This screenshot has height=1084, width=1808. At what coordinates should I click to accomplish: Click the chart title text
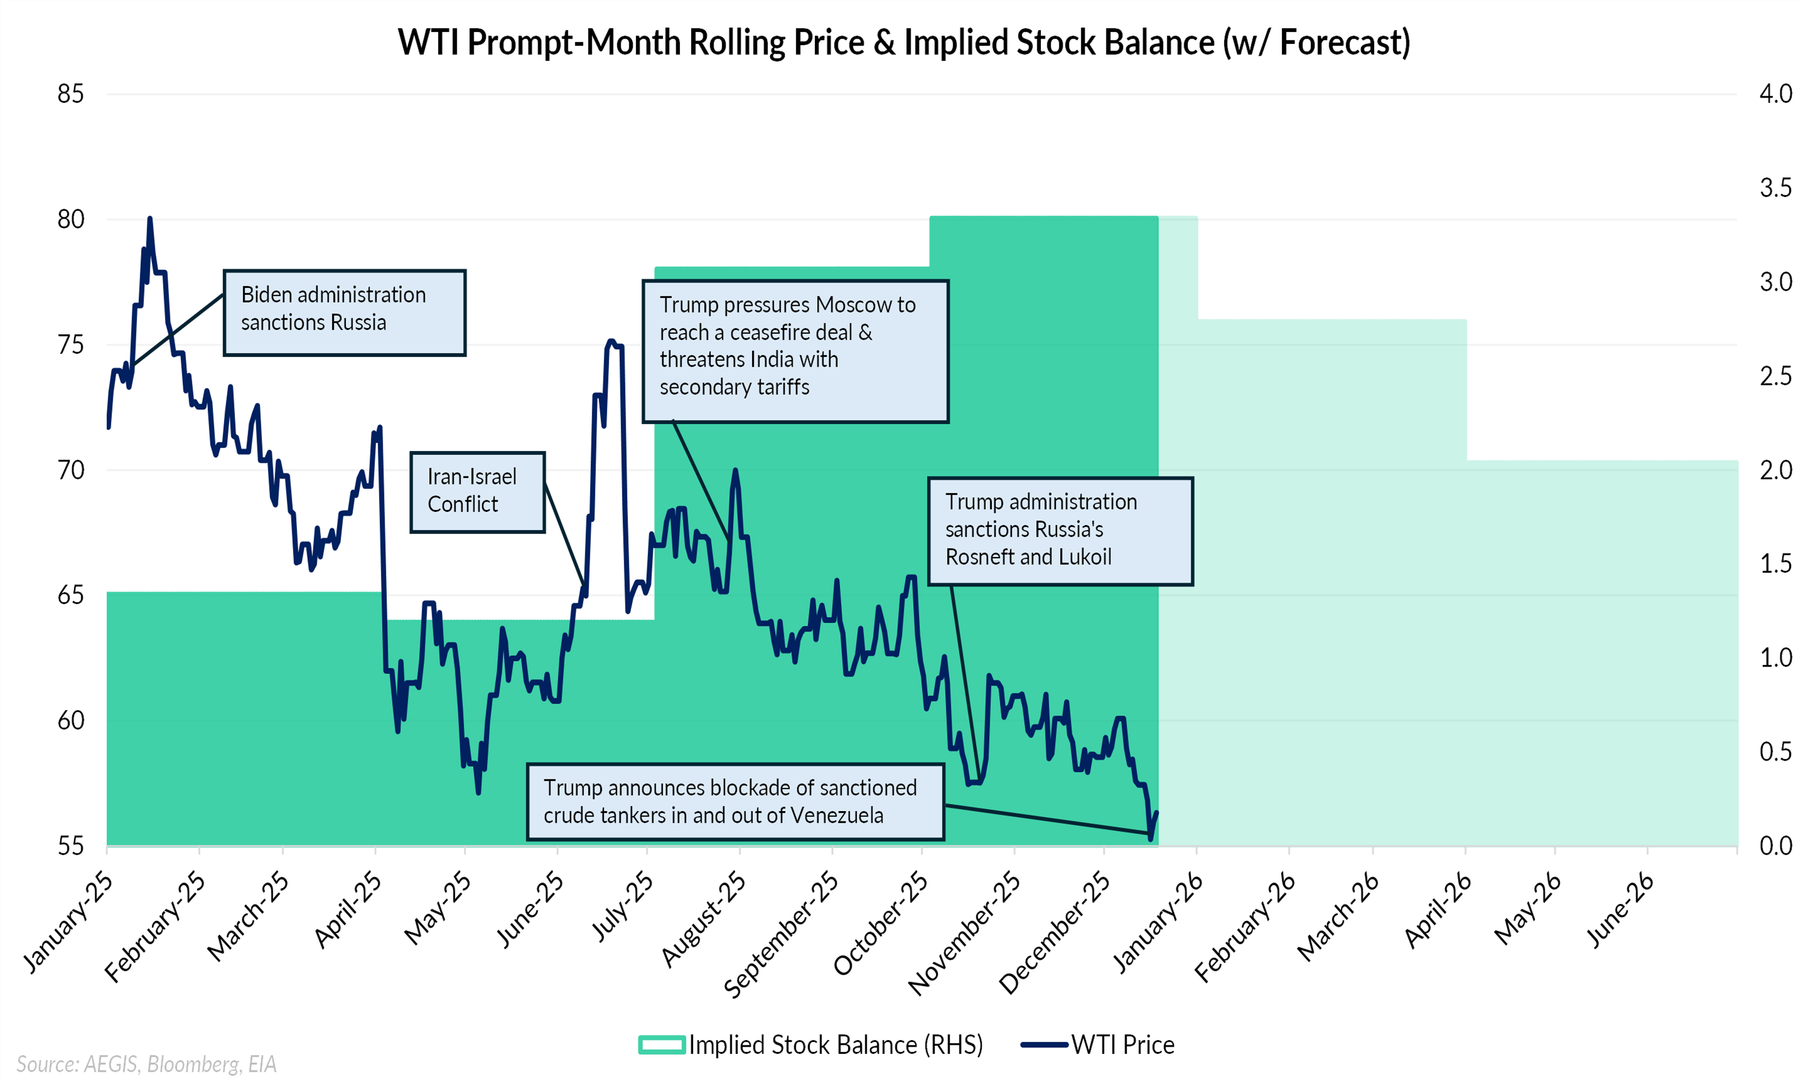coord(903,42)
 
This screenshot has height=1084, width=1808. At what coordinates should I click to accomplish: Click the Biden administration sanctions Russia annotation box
coord(344,313)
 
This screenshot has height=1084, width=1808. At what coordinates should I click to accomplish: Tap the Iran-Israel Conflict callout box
coord(477,491)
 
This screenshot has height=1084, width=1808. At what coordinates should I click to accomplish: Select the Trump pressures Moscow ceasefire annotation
coord(795,350)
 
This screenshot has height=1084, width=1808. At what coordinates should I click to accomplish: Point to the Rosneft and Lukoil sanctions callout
coord(1059,531)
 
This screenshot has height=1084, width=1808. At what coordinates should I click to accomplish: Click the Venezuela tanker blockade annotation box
coord(735,802)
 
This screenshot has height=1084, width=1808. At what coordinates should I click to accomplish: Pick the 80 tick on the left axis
coord(71,219)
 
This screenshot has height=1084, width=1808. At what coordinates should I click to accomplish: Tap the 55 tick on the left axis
coord(71,846)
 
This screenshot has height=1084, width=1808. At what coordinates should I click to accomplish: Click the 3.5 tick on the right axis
coord(1775,188)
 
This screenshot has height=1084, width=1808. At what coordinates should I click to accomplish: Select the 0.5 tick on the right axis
coord(1775,752)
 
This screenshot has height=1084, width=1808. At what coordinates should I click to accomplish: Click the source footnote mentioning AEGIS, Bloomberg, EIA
coord(147,1064)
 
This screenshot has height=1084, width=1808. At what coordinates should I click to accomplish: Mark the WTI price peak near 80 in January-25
coord(150,219)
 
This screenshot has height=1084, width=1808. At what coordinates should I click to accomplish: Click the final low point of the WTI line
coord(1150,838)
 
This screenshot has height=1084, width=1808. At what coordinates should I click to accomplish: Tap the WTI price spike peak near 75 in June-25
coord(612,341)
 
